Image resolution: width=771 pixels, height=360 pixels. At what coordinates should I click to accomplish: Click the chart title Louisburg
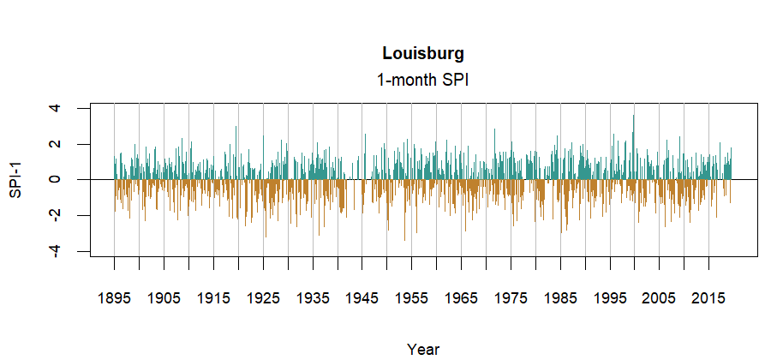point(423,53)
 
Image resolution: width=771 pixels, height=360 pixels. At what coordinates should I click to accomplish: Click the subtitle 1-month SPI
point(423,80)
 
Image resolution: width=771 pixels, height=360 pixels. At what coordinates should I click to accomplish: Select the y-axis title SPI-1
point(15,179)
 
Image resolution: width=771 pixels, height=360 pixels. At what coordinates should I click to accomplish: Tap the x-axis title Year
point(423,349)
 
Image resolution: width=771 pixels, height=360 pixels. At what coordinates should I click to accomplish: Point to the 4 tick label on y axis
point(56,108)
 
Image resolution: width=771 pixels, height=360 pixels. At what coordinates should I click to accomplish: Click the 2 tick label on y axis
point(56,144)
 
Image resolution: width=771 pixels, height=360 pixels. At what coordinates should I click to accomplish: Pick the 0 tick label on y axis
point(56,179)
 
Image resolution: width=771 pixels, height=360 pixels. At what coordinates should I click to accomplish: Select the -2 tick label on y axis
point(56,215)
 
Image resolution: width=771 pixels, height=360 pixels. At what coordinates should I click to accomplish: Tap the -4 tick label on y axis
point(56,251)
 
